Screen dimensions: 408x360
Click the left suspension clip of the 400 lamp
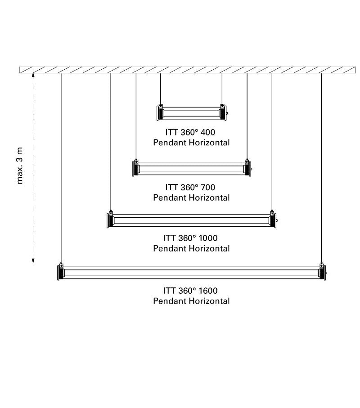pos(161,106)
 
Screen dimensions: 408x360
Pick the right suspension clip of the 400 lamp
pos(222,106)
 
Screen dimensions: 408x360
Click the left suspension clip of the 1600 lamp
pos(61,265)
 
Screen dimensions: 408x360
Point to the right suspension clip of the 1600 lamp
pos(321,265)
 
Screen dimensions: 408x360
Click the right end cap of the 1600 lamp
pos(323,273)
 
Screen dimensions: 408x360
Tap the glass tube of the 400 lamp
pos(191,113)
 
